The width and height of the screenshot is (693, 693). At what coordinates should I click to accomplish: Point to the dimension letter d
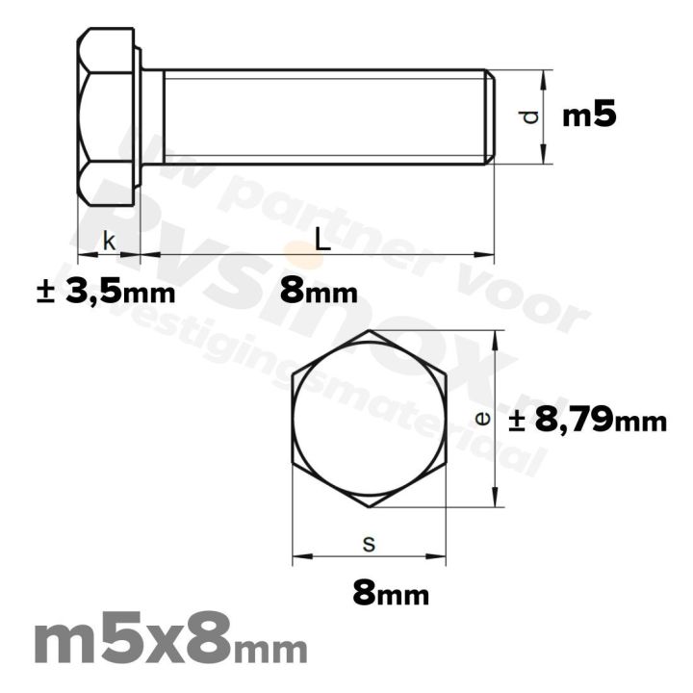pyautogui.click(x=527, y=117)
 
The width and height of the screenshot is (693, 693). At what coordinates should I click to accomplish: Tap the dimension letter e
pyautogui.click(x=484, y=418)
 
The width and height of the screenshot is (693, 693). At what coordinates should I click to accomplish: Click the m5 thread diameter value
pyautogui.click(x=588, y=116)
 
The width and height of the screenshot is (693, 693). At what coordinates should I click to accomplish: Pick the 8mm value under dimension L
pyautogui.click(x=320, y=291)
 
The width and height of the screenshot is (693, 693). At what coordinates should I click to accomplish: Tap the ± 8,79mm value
pyautogui.click(x=586, y=421)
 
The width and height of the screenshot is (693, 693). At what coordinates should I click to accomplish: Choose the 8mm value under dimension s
pyautogui.click(x=390, y=594)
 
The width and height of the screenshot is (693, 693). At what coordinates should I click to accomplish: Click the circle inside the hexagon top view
pyautogui.click(x=371, y=419)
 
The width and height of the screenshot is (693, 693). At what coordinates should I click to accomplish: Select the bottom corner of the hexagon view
pyautogui.click(x=371, y=507)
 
